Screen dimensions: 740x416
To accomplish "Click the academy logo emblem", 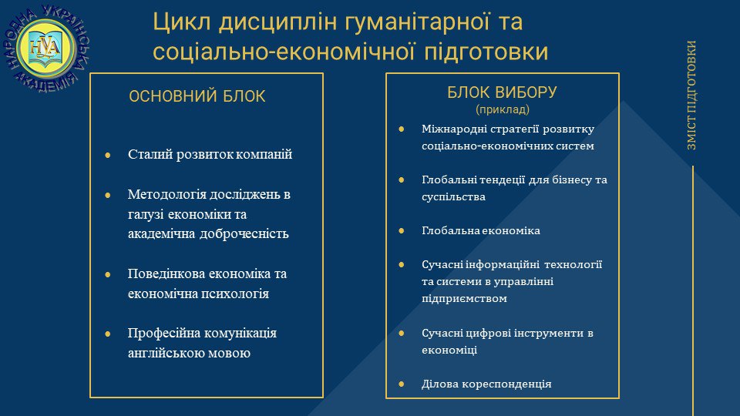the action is pyautogui.click(x=46, y=49).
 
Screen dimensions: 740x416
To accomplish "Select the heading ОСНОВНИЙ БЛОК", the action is pyautogui.click(x=197, y=96).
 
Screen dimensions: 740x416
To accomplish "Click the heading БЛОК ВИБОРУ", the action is pyautogui.click(x=502, y=92).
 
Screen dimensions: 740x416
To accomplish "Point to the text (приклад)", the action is pyautogui.click(x=502, y=109).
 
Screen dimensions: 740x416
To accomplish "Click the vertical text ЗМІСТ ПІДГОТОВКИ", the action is pyautogui.click(x=691, y=96).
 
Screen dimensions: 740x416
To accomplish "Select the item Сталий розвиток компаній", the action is pyautogui.click(x=210, y=154).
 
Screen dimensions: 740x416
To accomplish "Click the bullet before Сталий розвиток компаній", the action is pyautogui.click(x=108, y=155).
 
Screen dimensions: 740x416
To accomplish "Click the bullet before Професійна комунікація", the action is pyautogui.click(x=108, y=334).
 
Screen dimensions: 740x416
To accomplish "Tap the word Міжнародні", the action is pyautogui.click(x=454, y=129).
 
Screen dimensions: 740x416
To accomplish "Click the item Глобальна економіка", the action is pyautogui.click(x=481, y=230).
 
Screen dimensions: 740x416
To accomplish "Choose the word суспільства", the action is pyautogui.click(x=453, y=196).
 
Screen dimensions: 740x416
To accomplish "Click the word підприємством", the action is pyautogui.click(x=464, y=299).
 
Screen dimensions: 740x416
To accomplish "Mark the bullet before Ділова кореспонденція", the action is pyautogui.click(x=402, y=384).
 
